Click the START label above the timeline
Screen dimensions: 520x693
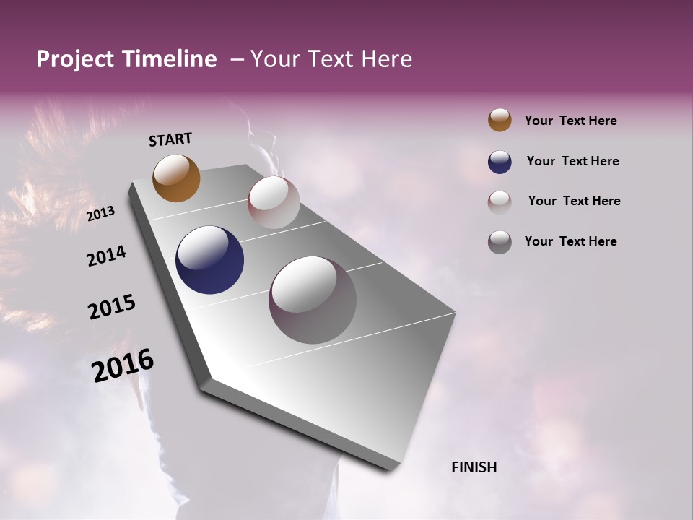(170, 139)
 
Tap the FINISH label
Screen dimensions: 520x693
(474, 467)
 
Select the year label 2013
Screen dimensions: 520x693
(101, 214)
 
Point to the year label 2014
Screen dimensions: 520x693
(106, 256)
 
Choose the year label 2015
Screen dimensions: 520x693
(112, 307)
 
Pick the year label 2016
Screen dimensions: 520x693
(123, 365)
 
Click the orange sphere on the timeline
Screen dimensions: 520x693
(176, 178)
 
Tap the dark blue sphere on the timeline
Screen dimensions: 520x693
(210, 260)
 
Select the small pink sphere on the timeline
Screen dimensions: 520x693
(274, 202)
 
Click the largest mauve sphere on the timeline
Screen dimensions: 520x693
(313, 300)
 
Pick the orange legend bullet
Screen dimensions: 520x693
(500, 121)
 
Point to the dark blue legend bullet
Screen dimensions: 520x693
(500, 162)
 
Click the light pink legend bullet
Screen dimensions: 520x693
(500, 201)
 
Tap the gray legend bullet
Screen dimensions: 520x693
(500, 241)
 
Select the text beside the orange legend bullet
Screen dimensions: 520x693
(570, 121)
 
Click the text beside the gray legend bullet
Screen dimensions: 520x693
(570, 241)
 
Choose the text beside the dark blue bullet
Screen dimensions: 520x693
(572, 161)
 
